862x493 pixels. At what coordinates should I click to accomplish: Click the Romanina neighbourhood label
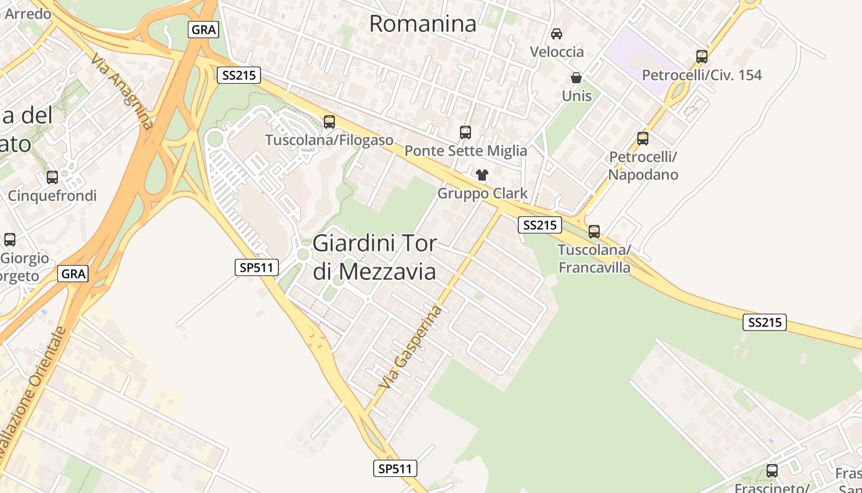tap(422, 24)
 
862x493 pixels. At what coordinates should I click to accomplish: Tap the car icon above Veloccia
tap(557, 34)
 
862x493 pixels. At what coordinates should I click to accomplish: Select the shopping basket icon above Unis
tap(576, 78)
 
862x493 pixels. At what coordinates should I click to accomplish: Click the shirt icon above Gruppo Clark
tap(482, 175)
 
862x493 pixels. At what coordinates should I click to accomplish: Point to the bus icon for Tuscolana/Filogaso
tap(329, 122)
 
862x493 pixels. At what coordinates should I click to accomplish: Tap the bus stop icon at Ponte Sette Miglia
tap(465, 132)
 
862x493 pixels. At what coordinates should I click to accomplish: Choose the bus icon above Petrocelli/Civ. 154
tap(701, 57)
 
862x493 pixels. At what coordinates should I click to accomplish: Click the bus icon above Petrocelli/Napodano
tap(643, 139)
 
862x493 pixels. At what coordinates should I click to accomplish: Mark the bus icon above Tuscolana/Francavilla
tap(594, 232)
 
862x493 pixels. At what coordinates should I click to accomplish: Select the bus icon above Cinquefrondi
tap(52, 177)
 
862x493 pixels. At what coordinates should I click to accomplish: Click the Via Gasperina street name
tap(411, 346)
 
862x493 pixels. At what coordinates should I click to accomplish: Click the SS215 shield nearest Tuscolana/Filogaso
tap(239, 76)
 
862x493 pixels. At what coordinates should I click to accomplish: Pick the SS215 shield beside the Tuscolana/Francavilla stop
tap(539, 225)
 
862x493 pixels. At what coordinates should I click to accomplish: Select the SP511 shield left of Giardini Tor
tap(257, 267)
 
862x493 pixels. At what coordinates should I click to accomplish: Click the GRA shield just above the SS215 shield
tap(203, 30)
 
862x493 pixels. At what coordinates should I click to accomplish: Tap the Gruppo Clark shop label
tap(482, 194)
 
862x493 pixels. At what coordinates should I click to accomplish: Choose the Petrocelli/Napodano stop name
tap(643, 166)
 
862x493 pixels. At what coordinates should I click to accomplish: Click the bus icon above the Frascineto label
tap(772, 471)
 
